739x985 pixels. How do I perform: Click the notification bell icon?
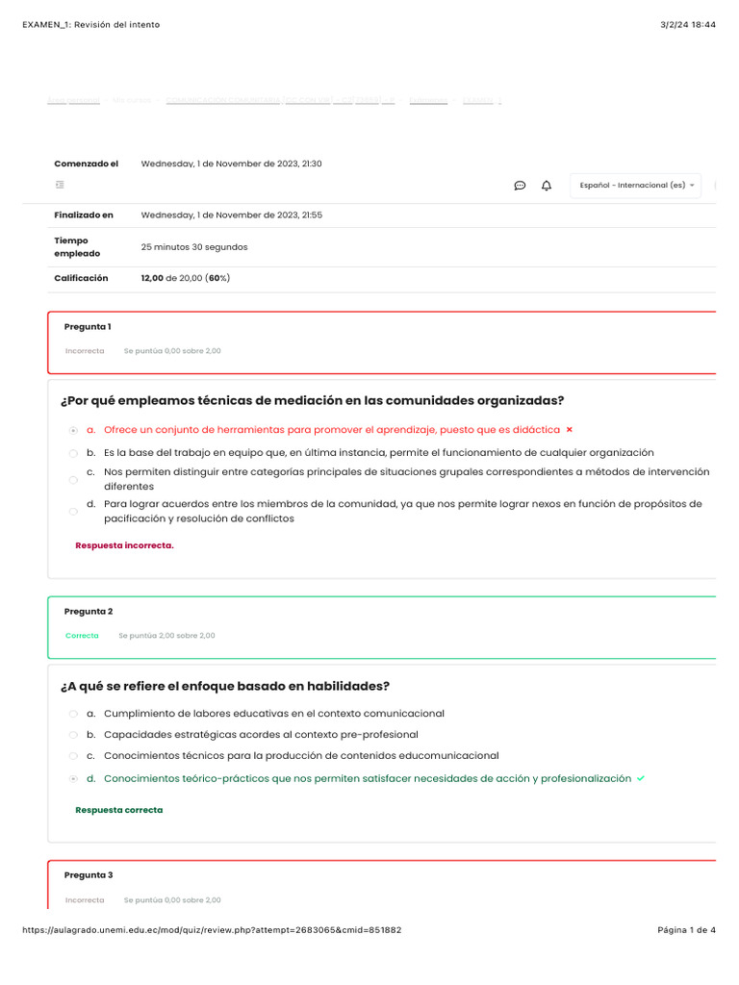[547, 186]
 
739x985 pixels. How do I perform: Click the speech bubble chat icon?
[520, 186]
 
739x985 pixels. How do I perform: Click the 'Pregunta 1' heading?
[88, 327]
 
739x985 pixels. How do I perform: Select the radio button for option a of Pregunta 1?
[74, 430]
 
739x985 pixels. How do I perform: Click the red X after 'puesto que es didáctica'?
[570, 430]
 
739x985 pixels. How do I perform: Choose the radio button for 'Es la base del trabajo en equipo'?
[74, 453]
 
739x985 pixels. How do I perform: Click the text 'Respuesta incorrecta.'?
[124, 545]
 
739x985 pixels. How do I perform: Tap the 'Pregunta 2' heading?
[89, 612]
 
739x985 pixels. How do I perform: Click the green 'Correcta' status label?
[82, 636]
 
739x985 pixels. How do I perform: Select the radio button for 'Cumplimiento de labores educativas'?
[74, 714]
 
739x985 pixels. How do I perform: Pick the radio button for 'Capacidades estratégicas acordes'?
[74, 735]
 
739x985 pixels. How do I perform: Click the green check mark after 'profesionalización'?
[641, 778]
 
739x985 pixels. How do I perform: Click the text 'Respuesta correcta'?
[119, 810]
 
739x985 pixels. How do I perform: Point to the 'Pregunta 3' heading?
[89, 875]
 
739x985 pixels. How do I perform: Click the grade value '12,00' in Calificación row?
[152, 278]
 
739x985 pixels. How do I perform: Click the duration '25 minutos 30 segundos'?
[194, 247]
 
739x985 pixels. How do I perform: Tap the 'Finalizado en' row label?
[84, 215]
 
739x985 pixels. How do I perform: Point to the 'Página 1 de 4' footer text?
[686, 930]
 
